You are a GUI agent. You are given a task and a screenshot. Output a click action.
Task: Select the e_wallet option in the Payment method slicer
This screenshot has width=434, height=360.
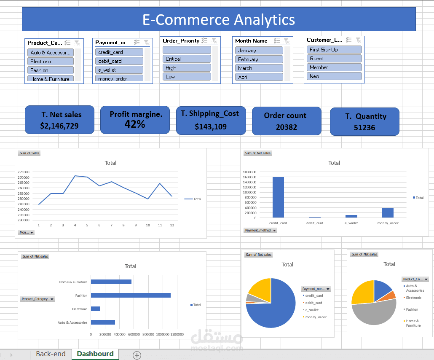[119, 70]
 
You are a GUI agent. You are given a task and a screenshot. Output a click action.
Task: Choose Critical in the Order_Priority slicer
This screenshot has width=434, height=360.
[187, 59]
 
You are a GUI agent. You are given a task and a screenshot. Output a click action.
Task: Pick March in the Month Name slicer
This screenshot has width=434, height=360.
[259, 68]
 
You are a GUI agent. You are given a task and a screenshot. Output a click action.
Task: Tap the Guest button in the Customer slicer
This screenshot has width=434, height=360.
[334, 59]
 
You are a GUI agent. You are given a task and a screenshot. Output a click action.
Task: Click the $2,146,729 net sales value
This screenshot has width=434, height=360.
[59, 126]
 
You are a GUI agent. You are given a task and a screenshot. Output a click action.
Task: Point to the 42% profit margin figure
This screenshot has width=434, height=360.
[135, 124]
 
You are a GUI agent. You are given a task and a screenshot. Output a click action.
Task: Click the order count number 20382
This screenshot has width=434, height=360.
[287, 127]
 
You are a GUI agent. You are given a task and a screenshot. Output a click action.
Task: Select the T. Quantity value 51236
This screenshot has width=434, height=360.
[364, 127]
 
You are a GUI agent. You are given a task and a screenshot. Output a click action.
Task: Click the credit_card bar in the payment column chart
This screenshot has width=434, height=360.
[278, 197]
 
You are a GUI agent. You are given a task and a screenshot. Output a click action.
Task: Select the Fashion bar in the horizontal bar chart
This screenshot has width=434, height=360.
[131, 295]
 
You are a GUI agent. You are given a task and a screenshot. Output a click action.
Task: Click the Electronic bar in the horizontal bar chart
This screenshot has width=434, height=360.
[96, 309]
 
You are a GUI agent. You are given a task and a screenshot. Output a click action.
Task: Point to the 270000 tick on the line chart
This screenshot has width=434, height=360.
[24, 177]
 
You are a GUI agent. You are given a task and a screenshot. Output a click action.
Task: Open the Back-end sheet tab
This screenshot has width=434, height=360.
[51, 354]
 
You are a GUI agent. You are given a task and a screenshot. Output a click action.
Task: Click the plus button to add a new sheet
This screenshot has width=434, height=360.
[137, 355]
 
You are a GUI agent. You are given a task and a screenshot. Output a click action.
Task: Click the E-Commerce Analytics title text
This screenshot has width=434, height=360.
[219, 19]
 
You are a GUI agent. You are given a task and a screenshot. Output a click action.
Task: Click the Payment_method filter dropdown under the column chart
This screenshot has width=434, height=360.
[261, 231]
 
